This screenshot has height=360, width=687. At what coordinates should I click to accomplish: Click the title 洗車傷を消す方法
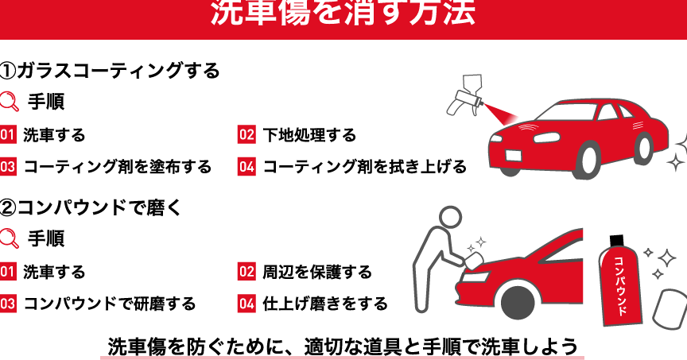[343, 12]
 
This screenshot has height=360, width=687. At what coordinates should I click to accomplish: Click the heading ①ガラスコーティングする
[110, 71]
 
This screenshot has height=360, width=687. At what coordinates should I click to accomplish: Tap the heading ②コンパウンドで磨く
[91, 207]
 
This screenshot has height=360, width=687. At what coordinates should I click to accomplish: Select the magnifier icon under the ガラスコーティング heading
[10, 101]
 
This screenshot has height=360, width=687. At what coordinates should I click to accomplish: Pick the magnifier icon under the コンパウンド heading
[10, 238]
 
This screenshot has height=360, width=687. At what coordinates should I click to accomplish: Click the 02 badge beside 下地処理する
[246, 134]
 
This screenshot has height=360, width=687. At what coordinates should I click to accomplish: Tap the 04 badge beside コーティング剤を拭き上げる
[246, 166]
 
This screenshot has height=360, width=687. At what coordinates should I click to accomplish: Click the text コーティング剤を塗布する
[118, 167]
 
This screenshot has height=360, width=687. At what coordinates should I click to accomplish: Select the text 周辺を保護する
[316, 272]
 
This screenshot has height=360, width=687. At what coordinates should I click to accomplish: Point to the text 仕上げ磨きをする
[325, 304]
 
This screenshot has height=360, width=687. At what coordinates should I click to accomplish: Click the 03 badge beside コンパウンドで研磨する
[8, 304]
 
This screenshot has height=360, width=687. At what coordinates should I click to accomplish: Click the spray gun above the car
[465, 95]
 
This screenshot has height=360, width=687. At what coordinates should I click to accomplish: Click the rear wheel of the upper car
[643, 149]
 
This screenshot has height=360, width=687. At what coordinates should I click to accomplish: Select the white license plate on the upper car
[513, 155]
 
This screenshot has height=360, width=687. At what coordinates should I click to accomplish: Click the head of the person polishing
[450, 218]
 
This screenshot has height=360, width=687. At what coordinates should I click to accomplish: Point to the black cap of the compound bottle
[616, 241]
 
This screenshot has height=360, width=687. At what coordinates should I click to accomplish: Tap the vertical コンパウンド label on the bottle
[620, 285]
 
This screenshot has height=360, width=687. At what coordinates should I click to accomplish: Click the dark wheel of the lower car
[518, 302]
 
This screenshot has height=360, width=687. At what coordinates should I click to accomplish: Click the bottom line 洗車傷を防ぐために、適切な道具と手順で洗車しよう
[343, 346]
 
